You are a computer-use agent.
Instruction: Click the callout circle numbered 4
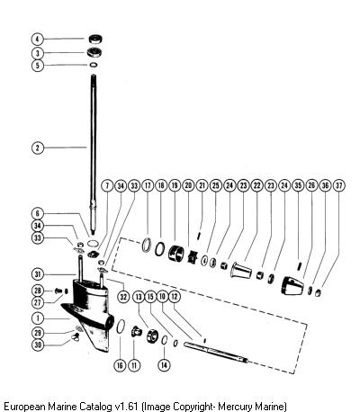pos(38,39)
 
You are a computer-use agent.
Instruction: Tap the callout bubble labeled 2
pos(38,148)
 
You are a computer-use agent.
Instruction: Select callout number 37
pos(339,185)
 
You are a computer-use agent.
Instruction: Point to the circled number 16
pos(120,365)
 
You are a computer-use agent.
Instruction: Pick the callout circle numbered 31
pos(38,274)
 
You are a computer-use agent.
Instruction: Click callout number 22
pos(257,185)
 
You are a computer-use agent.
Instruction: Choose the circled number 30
pos(38,345)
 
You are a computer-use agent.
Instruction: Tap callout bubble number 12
pos(175,297)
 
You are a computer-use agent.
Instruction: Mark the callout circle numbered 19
pos(175,185)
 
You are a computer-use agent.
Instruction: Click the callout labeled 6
pos(38,213)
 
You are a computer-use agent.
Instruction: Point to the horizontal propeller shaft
pos(217,353)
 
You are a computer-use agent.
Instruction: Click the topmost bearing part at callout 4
pos(96,39)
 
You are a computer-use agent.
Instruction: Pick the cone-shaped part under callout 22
pos(241,270)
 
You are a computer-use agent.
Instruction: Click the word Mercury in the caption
pos(235,407)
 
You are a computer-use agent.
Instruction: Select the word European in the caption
pos(25,407)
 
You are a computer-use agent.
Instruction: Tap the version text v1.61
pos(126,407)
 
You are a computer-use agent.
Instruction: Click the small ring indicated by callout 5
pos(94,65)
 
